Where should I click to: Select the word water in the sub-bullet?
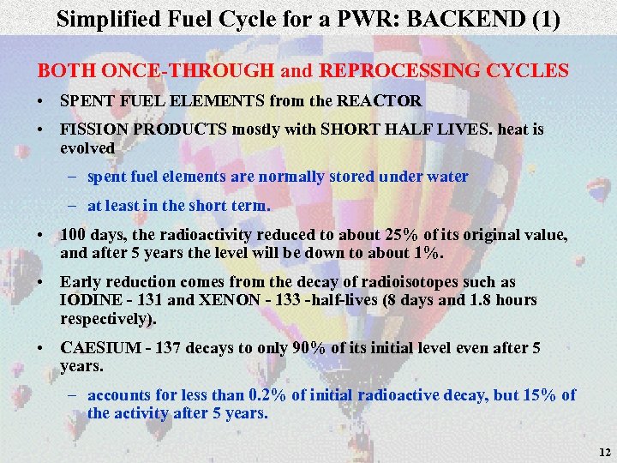pyautogui.click(x=447, y=177)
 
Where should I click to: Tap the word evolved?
pyautogui.click(x=87, y=147)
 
